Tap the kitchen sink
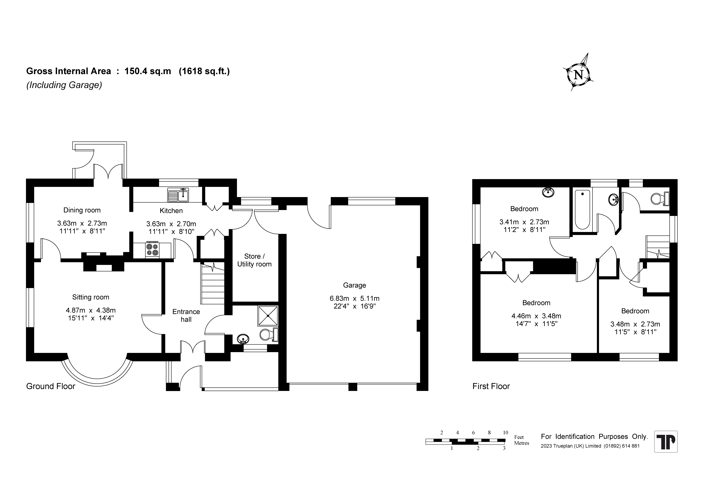(x=178, y=195)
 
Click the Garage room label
(x=354, y=285)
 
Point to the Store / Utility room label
(x=254, y=260)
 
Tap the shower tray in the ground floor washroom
(x=268, y=316)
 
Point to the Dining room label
(x=82, y=210)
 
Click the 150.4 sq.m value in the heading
(x=148, y=71)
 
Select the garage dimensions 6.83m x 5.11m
(x=354, y=299)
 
